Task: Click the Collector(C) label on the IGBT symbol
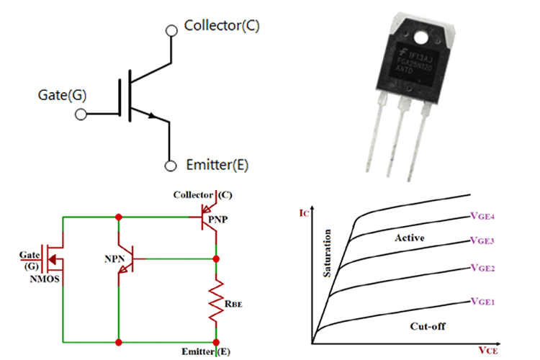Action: tap(222, 26)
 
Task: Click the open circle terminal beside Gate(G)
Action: tap(81, 114)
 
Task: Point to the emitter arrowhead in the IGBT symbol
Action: tap(152, 115)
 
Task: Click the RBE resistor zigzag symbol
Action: tap(215, 302)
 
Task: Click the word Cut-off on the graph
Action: tap(428, 325)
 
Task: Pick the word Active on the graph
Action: tap(410, 238)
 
